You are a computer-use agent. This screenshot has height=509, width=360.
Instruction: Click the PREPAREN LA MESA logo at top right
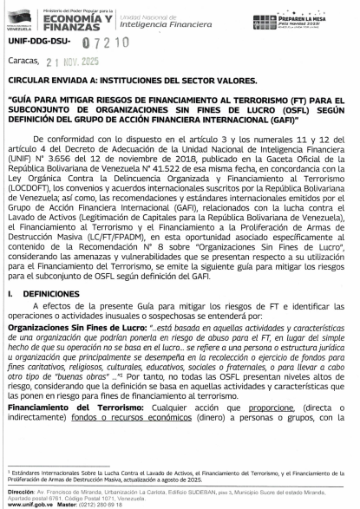[x=310, y=19]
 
